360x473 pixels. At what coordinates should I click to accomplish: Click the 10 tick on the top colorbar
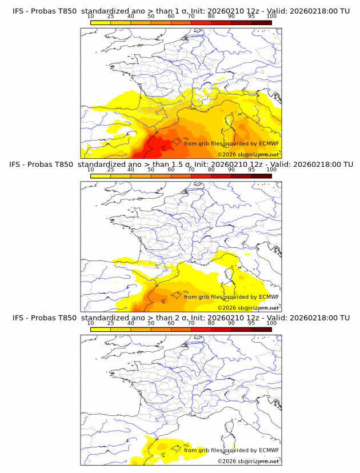[x=91, y=17]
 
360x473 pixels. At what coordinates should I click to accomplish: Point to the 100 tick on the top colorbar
[x=271, y=17]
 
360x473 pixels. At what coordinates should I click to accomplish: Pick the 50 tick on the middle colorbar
[x=151, y=170]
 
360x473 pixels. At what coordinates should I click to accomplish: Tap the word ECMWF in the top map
[x=269, y=143]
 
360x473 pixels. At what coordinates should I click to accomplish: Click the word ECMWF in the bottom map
[x=269, y=450]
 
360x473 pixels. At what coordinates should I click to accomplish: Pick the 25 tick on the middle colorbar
[x=111, y=170]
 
